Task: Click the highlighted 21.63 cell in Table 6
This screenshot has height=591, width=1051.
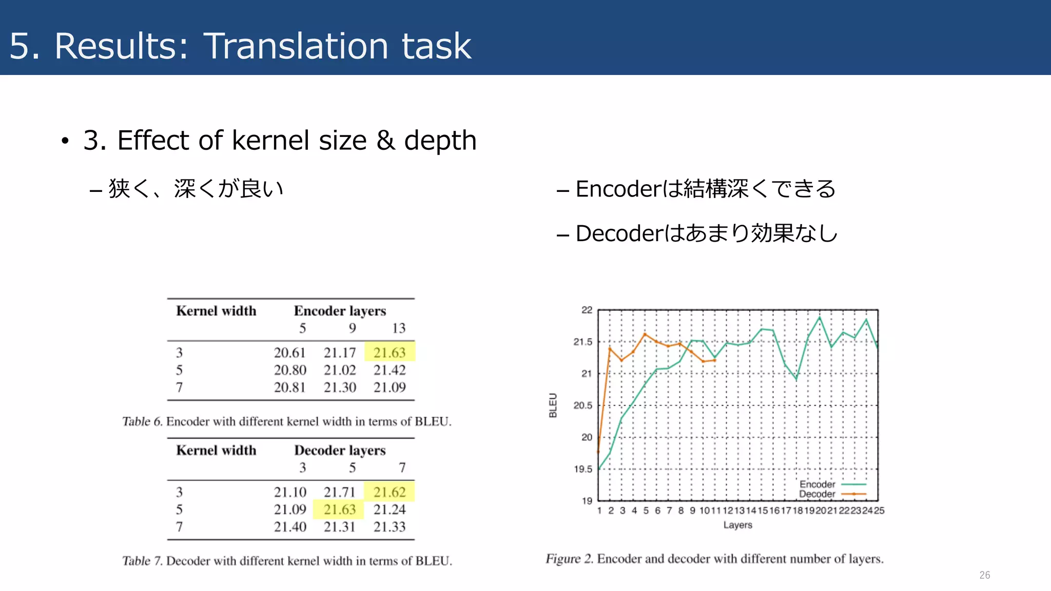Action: tap(390, 352)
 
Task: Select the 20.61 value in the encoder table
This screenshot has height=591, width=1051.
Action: tap(289, 352)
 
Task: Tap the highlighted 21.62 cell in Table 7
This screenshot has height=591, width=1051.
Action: tap(390, 492)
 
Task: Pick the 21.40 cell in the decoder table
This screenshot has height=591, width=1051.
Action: tap(289, 527)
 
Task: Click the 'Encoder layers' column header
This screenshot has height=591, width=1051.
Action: tap(340, 311)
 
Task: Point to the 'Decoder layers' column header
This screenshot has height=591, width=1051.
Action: tap(340, 450)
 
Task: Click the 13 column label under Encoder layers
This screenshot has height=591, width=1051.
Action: tap(399, 328)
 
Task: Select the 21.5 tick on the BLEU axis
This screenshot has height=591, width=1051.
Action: tap(582, 342)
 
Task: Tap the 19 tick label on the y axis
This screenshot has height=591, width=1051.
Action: tap(587, 501)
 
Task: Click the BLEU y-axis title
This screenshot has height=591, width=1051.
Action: tap(553, 405)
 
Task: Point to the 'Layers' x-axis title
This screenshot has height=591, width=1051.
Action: tap(737, 525)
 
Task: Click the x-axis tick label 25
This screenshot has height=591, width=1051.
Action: tap(879, 511)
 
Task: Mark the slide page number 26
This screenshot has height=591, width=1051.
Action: tap(984, 575)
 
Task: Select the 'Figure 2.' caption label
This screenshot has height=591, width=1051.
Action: tap(569, 559)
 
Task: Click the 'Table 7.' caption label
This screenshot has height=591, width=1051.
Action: tap(142, 561)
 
